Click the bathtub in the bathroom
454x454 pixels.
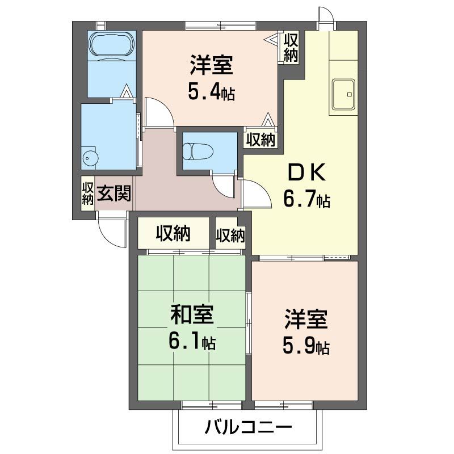pyautogui.click(x=112, y=47)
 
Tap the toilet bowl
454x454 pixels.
pyautogui.click(x=198, y=151)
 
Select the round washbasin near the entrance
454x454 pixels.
pyautogui.click(x=89, y=158)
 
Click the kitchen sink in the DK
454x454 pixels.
pyautogui.click(x=343, y=94)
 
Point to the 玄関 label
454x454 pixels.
pyautogui.click(x=114, y=193)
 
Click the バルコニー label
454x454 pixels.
pyautogui.click(x=248, y=427)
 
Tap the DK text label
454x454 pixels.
pyautogui.click(x=306, y=173)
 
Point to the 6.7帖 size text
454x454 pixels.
pyautogui.click(x=306, y=199)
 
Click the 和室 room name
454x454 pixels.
pyautogui.click(x=192, y=315)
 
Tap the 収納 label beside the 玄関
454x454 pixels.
pyautogui.click(x=87, y=193)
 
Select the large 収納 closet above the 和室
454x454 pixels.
pyautogui.click(x=173, y=233)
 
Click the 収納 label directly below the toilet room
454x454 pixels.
pyautogui.click(x=230, y=235)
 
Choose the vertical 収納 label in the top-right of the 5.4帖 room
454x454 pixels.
pyautogui.click(x=291, y=48)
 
